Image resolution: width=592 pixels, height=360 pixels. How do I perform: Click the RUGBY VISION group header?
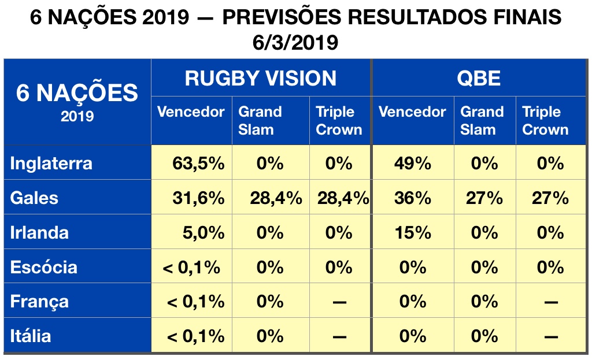pyautogui.click(x=260, y=78)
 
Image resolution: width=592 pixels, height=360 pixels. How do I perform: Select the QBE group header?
pyautogui.click(x=479, y=78)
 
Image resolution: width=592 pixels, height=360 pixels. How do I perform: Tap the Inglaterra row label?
pyautogui.click(x=51, y=164)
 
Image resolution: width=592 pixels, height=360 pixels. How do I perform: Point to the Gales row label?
pyautogui.click(x=35, y=198)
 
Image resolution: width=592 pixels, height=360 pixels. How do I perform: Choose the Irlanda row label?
pyautogui.click(x=39, y=233)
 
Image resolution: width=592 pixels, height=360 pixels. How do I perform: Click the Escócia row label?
pyautogui.click(x=44, y=268)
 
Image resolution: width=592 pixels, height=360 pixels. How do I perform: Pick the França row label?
pyautogui.click(x=39, y=302)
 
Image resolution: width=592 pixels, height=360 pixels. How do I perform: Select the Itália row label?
pyautogui.click(x=31, y=336)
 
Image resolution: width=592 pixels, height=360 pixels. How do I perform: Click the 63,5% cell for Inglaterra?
pyautogui.click(x=198, y=164)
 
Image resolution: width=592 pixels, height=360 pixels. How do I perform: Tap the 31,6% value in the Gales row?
pyautogui.click(x=198, y=198)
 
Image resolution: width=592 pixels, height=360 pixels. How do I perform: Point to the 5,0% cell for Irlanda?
pyautogui.click(x=203, y=233)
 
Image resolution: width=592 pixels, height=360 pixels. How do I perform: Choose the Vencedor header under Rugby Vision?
pyautogui.click(x=191, y=112)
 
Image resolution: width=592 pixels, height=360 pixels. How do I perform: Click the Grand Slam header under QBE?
pyautogui.click(x=482, y=120)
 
